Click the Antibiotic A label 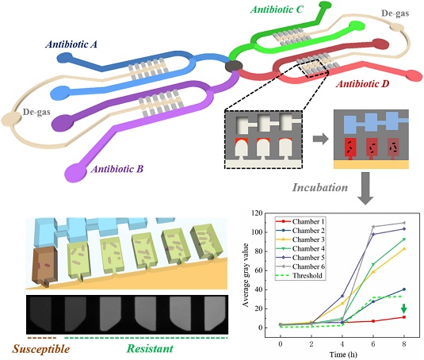pyautogui.click(x=71, y=44)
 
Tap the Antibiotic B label pyautogui.click(x=117, y=169)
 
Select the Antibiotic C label pyautogui.click(x=277, y=10)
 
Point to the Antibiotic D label pyautogui.click(x=362, y=84)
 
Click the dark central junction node pyautogui.click(x=234, y=67)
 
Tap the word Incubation pyautogui.click(x=320, y=187)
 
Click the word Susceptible pyautogui.click(x=41, y=349)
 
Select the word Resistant pyautogui.click(x=150, y=348)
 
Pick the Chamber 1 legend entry pyautogui.click(x=300, y=221)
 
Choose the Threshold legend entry pyautogui.click(x=299, y=276)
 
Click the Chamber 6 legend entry pyautogui.click(x=300, y=266)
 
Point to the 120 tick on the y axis pyautogui.click(x=257, y=213)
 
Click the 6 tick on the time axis pyautogui.click(x=373, y=344)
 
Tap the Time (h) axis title pyautogui.click(x=343, y=354)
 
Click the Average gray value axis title pyautogui.click(x=246, y=275)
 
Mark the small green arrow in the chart pyautogui.click(x=403, y=308)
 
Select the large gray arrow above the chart pyautogui.click(x=365, y=188)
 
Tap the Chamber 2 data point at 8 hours pyautogui.click(x=404, y=289)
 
